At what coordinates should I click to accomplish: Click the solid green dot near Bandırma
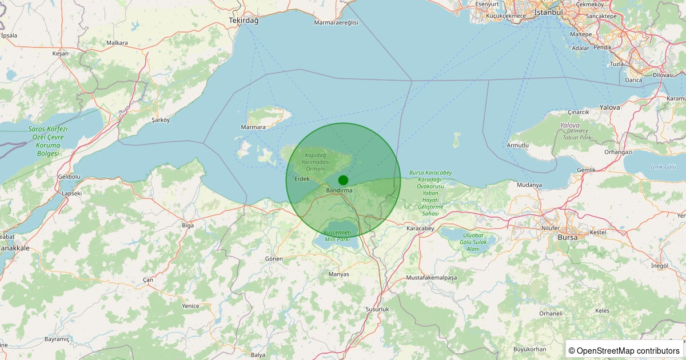click(x=343, y=180)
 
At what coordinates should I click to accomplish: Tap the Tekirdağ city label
click(x=244, y=21)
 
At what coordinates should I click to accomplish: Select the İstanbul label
click(x=548, y=12)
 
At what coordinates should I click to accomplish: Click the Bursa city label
click(x=568, y=237)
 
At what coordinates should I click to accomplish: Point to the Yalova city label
click(x=609, y=107)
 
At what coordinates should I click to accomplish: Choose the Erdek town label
click(x=301, y=179)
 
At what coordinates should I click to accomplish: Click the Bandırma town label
click(x=339, y=190)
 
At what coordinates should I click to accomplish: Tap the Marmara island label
click(x=253, y=127)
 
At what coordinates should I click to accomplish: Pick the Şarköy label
click(x=161, y=120)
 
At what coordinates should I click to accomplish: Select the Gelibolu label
click(x=69, y=177)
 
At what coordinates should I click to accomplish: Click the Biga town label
click(x=188, y=225)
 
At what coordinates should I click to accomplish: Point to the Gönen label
click(x=274, y=259)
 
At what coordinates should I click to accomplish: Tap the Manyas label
click(x=339, y=274)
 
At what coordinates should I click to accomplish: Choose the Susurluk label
click(x=377, y=309)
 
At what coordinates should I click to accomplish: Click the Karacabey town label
click(x=420, y=229)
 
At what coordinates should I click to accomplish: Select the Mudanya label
click(x=529, y=185)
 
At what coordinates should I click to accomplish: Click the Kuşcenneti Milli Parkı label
click(x=337, y=236)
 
